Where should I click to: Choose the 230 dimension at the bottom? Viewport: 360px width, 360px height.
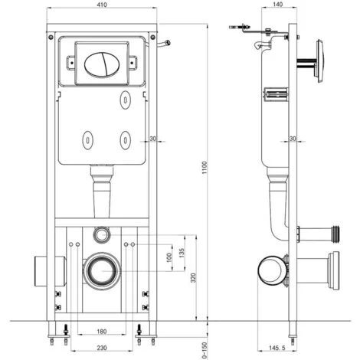pyautogui.click(x=102, y=347)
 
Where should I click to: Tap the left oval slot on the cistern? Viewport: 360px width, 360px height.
pyautogui.click(x=87, y=140)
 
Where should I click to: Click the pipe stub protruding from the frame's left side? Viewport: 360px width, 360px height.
pyautogui.click(x=40, y=269)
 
